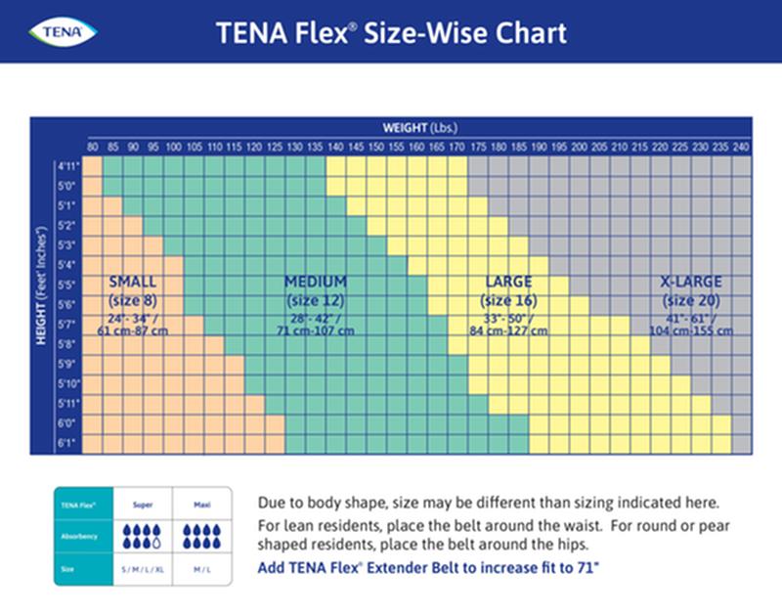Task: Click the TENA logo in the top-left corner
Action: tap(65, 32)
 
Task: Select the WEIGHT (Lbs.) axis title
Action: tap(420, 127)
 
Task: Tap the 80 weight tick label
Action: tap(93, 147)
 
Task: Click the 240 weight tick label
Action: tap(741, 147)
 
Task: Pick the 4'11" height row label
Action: tap(68, 165)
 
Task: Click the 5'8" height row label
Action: tap(68, 344)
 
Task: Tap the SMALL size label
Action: tap(133, 282)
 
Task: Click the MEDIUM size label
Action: tap(315, 282)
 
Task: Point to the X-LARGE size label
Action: tap(691, 282)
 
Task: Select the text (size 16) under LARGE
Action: tap(508, 300)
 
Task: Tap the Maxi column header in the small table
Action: tap(200, 505)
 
